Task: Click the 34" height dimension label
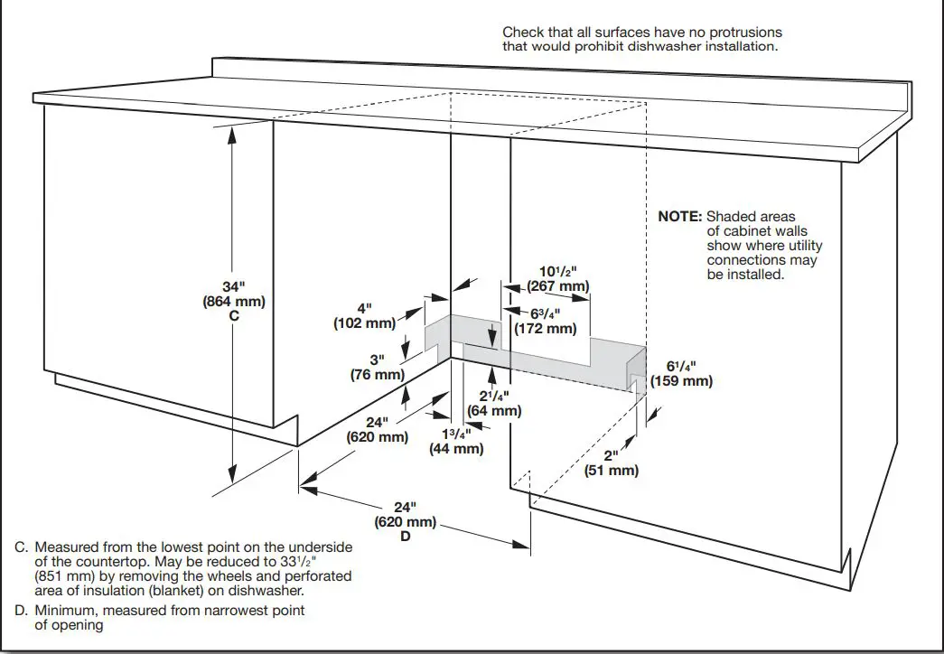234,286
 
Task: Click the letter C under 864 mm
234,317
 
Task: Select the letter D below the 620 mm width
406,537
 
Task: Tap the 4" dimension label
364,307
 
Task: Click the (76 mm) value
377,374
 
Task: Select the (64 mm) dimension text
494,411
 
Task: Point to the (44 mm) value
456,448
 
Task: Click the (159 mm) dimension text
684,380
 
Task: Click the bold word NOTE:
679,217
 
